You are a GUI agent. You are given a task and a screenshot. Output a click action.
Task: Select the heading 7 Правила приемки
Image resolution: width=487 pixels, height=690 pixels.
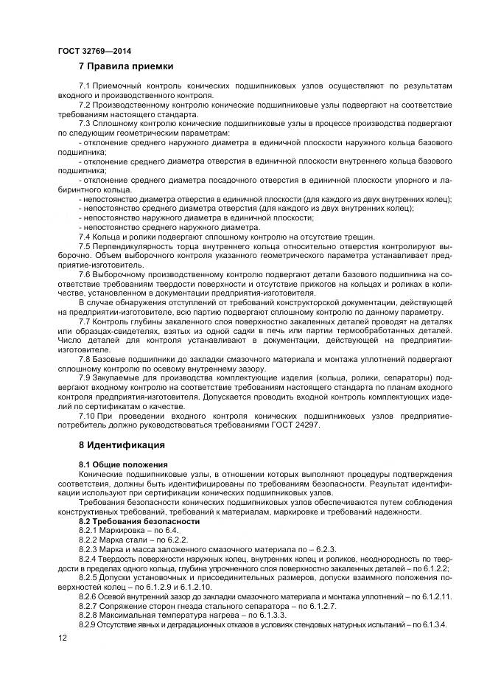126,66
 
